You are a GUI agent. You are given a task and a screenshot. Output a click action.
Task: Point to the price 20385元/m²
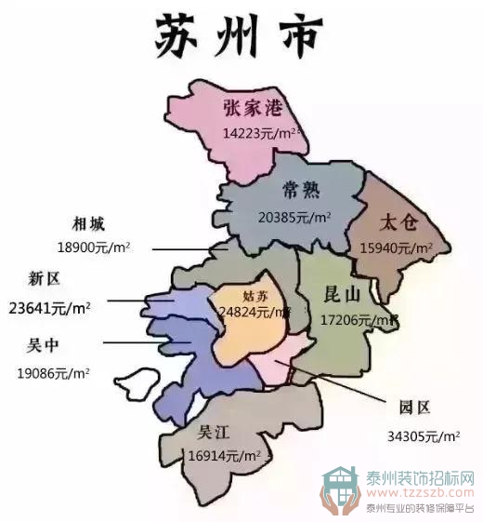pyautogui.click(x=294, y=218)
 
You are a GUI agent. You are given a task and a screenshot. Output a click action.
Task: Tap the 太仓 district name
pyautogui.click(x=401, y=222)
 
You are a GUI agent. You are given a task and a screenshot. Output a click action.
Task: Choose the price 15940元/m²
pyautogui.click(x=397, y=248)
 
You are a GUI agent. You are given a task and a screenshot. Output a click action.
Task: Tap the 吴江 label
pyautogui.click(x=214, y=433)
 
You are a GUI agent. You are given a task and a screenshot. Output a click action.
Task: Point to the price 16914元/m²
pyautogui.click(x=224, y=456)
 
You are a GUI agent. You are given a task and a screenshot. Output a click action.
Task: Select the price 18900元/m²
pyautogui.click(x=92, y=248)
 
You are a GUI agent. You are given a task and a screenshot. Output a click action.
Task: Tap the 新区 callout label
pyautogui.click(x=45, y=279)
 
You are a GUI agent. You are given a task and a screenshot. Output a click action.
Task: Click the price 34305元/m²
pyautogui.click(x=423, y=435)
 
